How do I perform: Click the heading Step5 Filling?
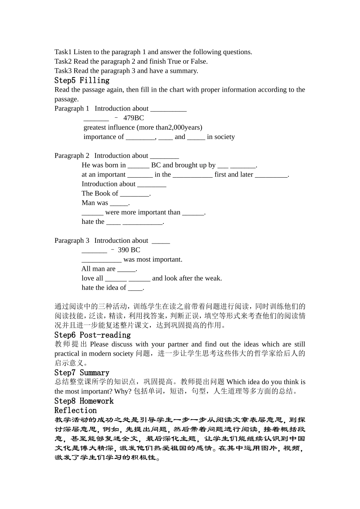82,80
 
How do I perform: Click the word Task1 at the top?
63,52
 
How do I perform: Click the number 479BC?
133,118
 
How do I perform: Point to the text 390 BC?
129,250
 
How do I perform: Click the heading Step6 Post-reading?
92,335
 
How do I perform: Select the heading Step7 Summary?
81,373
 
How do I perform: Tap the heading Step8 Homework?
84,401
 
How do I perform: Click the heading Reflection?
75,411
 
